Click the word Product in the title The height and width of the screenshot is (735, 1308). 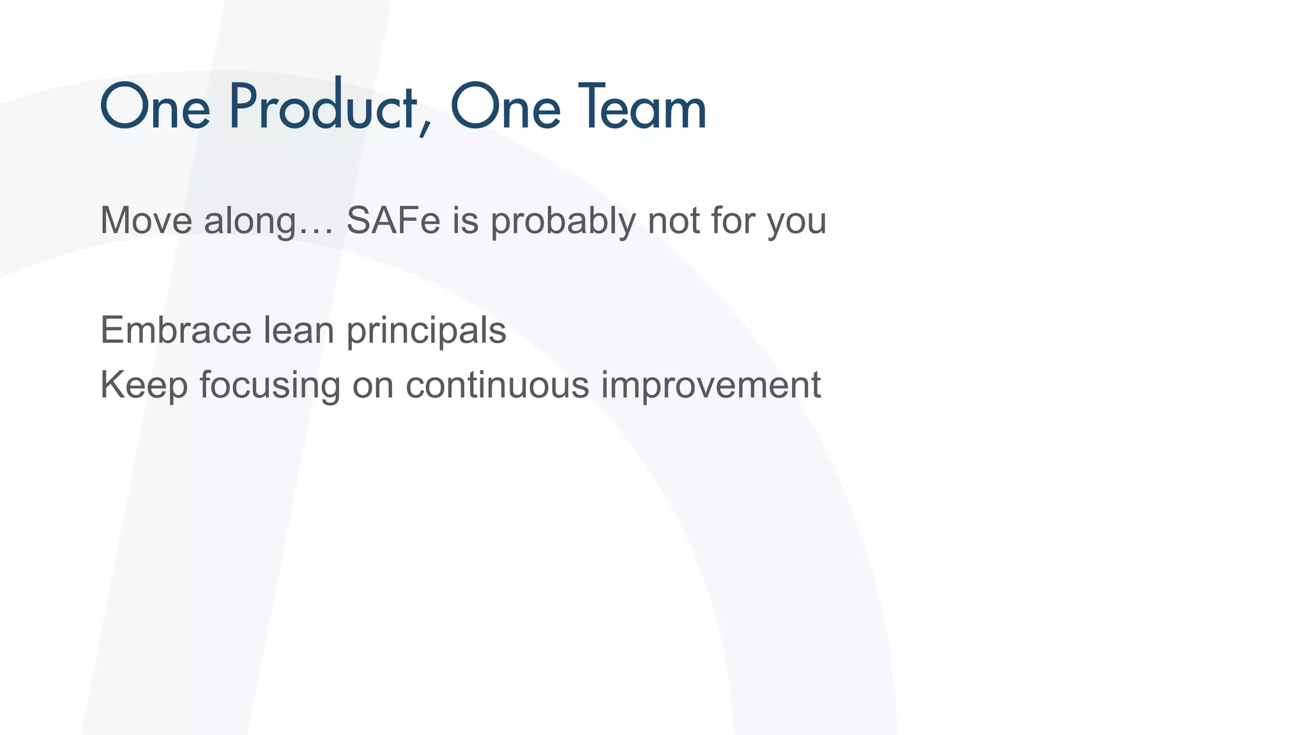pos(323,107)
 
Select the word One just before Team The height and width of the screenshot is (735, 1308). pos(505,107)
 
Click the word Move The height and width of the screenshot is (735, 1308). pos(146,221)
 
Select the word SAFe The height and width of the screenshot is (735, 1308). pos(393,221)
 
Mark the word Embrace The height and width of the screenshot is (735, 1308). pos(176,330)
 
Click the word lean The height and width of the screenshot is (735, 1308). pos(299,330)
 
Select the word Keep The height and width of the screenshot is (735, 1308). pos(144,385)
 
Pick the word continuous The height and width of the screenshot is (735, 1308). pos(497,385)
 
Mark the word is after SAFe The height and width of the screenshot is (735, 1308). pos(466,221)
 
